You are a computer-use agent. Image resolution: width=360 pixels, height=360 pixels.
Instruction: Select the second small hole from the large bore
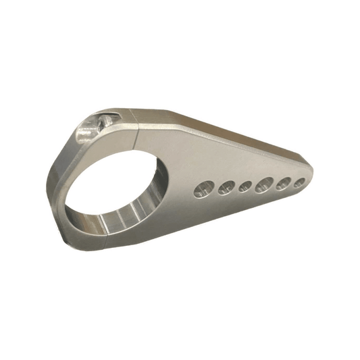click(x=224, y=187)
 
